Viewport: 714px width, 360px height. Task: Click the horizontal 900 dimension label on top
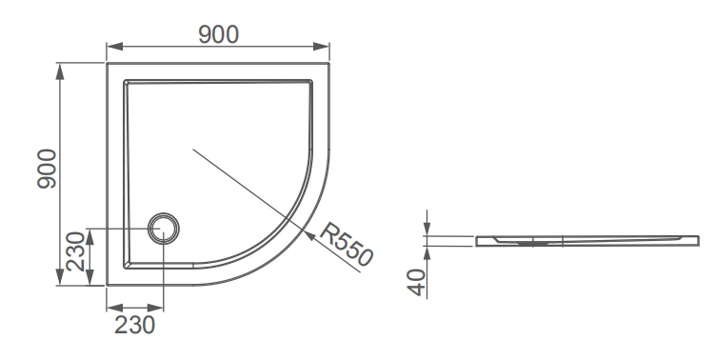click(x=219, y=34)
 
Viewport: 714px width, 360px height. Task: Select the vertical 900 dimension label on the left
click(x=47, y=169)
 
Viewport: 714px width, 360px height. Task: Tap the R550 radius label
click(x=347, y=244)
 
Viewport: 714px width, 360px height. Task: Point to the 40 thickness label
click(x=418, y=283)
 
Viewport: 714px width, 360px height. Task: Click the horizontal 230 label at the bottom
click(x=135, y=325)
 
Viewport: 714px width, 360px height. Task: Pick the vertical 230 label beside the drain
click(x=75, y=251)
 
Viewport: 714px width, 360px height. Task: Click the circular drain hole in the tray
click(x=163, y=229)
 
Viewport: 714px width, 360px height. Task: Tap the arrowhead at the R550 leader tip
click(x=309, y=235)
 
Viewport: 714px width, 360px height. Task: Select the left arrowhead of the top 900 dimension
click(x=115, y=47)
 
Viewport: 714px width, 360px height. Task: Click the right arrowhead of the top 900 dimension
click(x=321, y=47)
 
